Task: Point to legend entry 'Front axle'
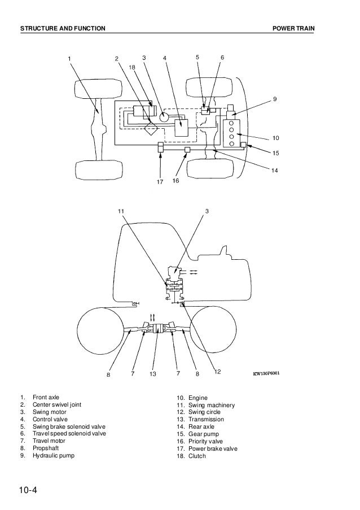46,397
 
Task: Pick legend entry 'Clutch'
198,456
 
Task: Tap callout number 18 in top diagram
132,67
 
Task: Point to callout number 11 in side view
121,211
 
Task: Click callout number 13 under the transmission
153,373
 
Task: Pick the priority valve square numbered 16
187,150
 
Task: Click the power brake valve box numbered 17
160,149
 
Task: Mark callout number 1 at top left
69,58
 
